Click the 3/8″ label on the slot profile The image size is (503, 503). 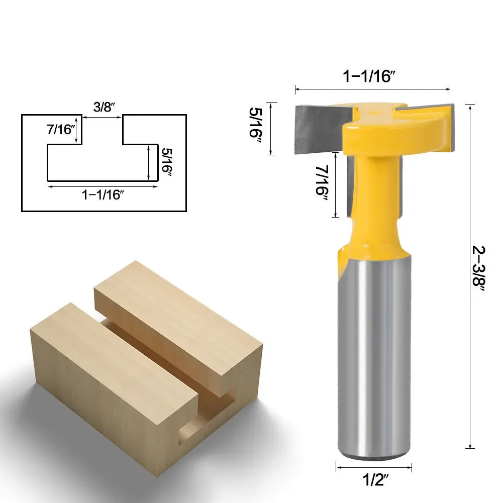[x=104, y=107]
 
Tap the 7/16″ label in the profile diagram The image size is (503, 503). [x=60, y=129]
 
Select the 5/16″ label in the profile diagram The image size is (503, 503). [x=167, y=162]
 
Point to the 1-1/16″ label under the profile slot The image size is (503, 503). [x=103, y=195]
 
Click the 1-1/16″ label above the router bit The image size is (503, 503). [x=369, y=76]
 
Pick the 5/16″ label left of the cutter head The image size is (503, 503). [x=256, y=127]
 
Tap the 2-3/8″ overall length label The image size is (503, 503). [x=478, y=268]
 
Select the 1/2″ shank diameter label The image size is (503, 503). [x=375, y=480]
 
